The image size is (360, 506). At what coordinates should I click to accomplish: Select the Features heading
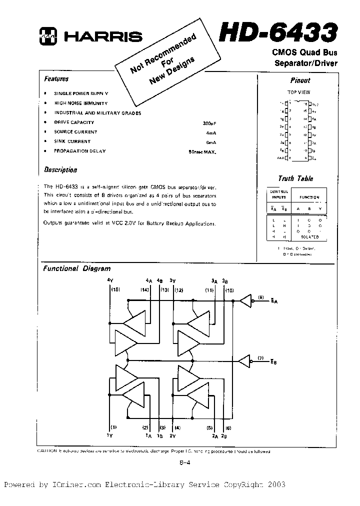[x=56, y=79]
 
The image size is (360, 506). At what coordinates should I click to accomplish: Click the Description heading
[x=60, y=169]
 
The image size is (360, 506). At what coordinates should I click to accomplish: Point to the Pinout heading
[x=300, y=80]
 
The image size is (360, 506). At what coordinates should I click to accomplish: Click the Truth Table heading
[x=295, y=178]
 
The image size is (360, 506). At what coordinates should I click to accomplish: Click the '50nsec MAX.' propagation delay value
[x=202, y=151]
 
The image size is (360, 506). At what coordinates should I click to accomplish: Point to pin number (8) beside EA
[x=260, y=298]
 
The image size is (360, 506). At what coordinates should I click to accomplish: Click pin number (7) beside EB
[x=260, y=358]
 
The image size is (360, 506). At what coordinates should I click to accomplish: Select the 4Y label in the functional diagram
[x=111, y=280]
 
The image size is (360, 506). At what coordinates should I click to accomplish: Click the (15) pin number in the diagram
[x=115, y=290]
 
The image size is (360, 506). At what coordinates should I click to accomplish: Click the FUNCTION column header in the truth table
[x=309, y=197]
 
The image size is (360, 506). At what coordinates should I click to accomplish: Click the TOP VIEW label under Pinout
[x=299, y=92]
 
